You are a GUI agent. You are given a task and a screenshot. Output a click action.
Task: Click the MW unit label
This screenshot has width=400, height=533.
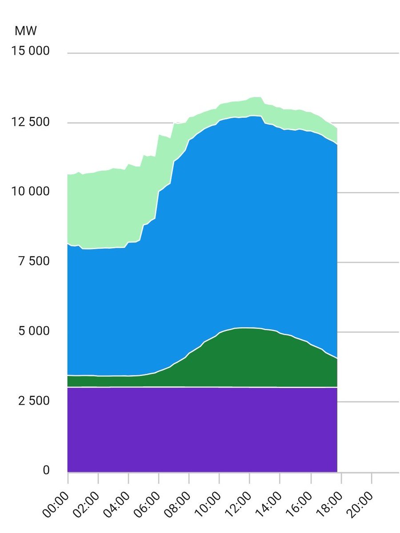click(25, 31)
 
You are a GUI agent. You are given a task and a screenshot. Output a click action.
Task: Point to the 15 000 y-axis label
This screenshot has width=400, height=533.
click(30, 51)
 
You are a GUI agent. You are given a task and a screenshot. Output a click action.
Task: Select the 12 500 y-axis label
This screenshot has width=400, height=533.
click(30, 122)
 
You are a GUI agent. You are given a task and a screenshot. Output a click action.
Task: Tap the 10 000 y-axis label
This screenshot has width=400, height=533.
click(30, 191)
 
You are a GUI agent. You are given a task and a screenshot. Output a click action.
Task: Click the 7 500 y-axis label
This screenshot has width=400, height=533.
click(34, 261)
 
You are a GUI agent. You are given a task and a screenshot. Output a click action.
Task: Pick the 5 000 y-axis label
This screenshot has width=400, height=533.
click(34, 331)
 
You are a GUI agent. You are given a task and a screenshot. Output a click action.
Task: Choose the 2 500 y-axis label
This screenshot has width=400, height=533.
click(34, 401)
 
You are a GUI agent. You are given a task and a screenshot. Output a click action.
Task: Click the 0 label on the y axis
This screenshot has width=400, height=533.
click(46, 470)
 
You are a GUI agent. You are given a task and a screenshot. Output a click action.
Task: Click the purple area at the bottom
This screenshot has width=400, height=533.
click(202, 430)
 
